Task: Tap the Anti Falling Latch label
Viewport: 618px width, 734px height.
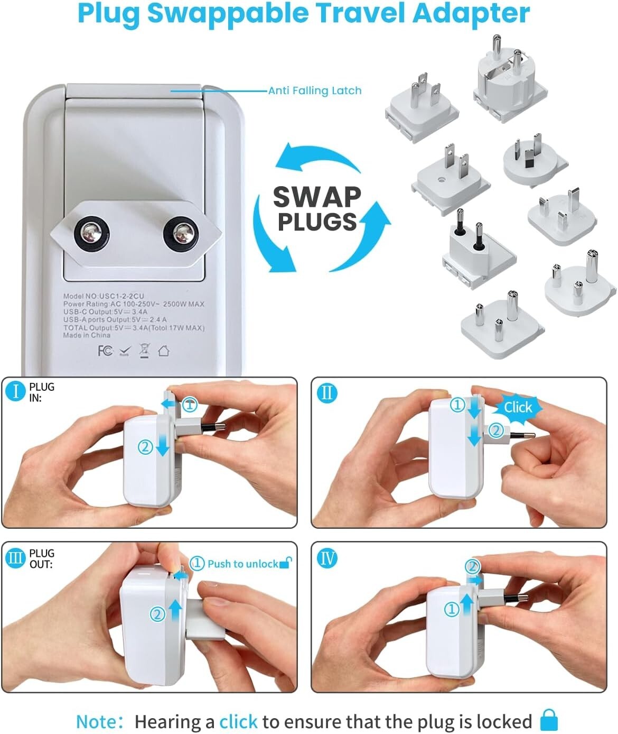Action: (315, 90)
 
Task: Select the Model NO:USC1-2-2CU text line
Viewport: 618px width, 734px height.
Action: (104, 296)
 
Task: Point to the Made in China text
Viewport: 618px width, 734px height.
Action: (87, 335)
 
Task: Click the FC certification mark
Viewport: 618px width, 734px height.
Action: (105, 351)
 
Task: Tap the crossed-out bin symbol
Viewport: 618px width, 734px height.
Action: (144, 350)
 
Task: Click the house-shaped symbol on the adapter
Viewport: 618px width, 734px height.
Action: (163, 350)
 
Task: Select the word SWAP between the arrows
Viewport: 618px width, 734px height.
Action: (317, 197)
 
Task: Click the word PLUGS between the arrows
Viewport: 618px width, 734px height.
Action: (317, 222)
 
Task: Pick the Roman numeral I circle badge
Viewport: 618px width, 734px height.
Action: (16, 392)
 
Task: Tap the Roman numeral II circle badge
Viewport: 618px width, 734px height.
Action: (327, 393)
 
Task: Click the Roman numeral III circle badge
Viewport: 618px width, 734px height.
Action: (16, 558)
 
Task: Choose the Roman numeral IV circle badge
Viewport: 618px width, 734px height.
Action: (327, 558)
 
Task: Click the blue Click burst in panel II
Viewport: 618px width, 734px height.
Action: (518, 407)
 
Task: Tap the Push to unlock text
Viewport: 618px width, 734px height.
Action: (242, 564)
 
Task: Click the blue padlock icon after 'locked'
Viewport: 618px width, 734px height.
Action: (549, 721)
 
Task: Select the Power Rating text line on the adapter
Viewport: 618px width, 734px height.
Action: (133, 304)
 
